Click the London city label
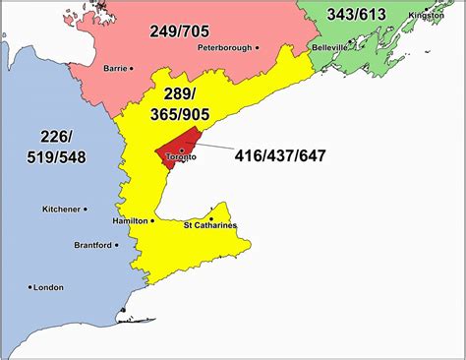pos(48,287)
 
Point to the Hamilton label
pos(131,221)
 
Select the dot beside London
pos(27,287)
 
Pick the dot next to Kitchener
pos(86,209)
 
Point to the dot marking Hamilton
pos(152,221)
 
